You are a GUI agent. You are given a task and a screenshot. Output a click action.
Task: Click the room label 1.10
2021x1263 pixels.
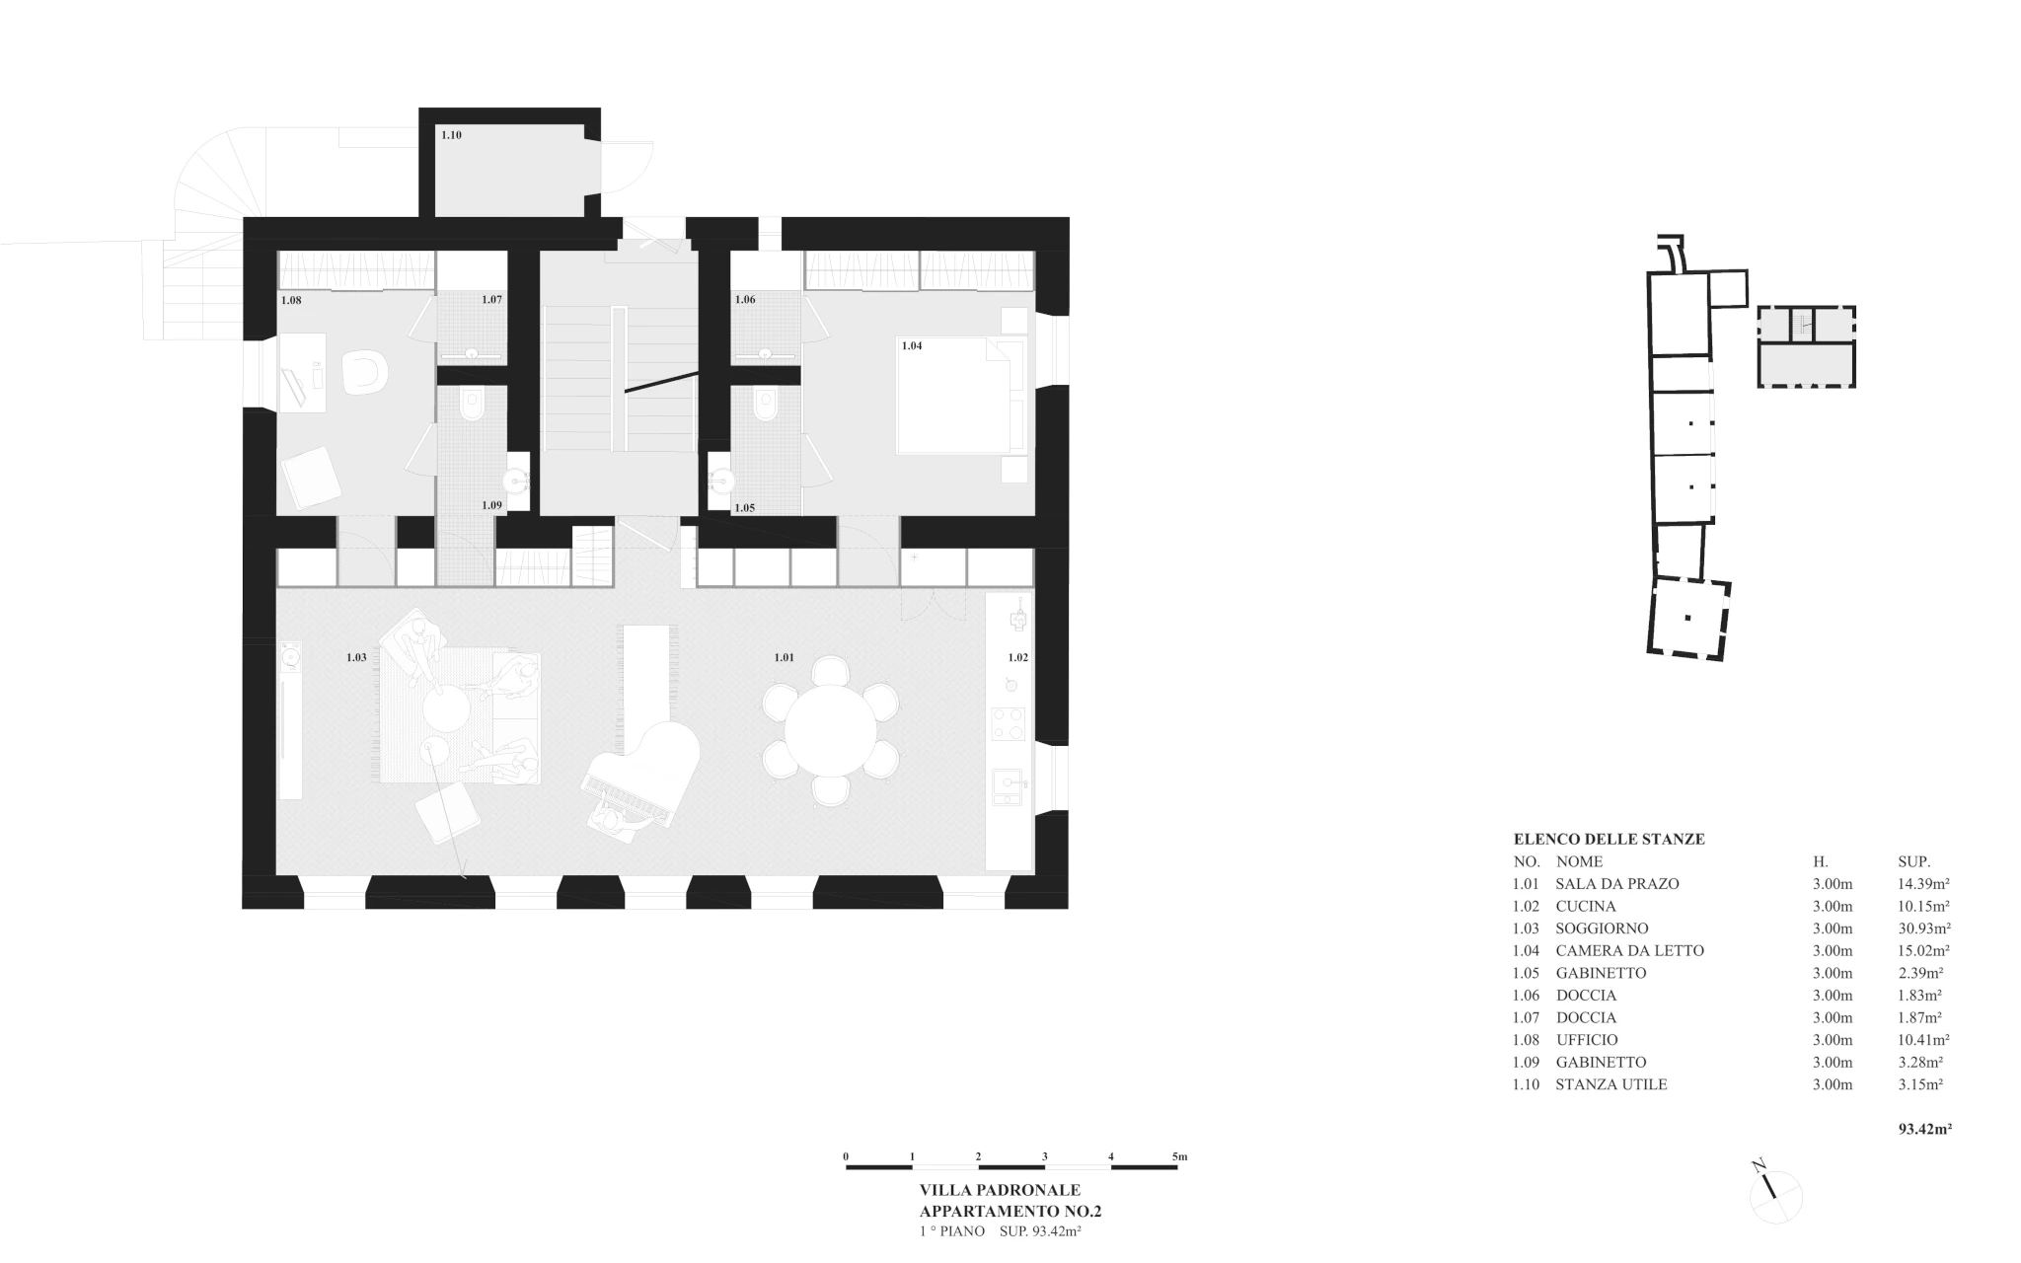pyautogui.click(x=451, y=135)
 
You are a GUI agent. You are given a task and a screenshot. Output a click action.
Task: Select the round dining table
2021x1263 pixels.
pyautogui.click(x=830, y=731)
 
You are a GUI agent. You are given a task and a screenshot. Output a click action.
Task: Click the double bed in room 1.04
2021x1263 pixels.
pyautogui.click(x=961, y=396)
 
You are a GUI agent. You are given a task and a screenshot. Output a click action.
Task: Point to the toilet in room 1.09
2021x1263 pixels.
pyautogui.click(x=472, y=405)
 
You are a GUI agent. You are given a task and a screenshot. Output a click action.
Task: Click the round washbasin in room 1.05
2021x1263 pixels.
pyautogui.click(x=721, y=482)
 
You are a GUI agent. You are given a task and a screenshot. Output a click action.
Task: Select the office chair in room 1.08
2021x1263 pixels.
pyautogui.click(x=364, y=374)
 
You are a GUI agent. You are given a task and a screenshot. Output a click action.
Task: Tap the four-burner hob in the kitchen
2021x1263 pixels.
pyautogui.click(x=1009, y=723)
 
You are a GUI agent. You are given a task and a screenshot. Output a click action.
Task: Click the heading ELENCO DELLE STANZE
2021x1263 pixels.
pyautogui.click(x=1609, y=840)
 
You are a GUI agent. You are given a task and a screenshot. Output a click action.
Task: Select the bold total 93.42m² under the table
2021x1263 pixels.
pyautogui.click(x=1925, y=1129)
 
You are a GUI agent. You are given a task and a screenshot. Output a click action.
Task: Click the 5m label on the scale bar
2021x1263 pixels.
pyautogui.click(x=1179, y=1156)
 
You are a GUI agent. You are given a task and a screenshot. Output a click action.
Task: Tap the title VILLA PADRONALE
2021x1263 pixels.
pyautogui.click(x=1000, y=1191)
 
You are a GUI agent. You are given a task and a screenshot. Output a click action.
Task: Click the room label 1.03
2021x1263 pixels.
pyautogui.click(x=356, y=657)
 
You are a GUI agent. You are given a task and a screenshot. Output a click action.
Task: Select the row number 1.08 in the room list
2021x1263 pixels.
pyautogui.click(x=1526, y=1040)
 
